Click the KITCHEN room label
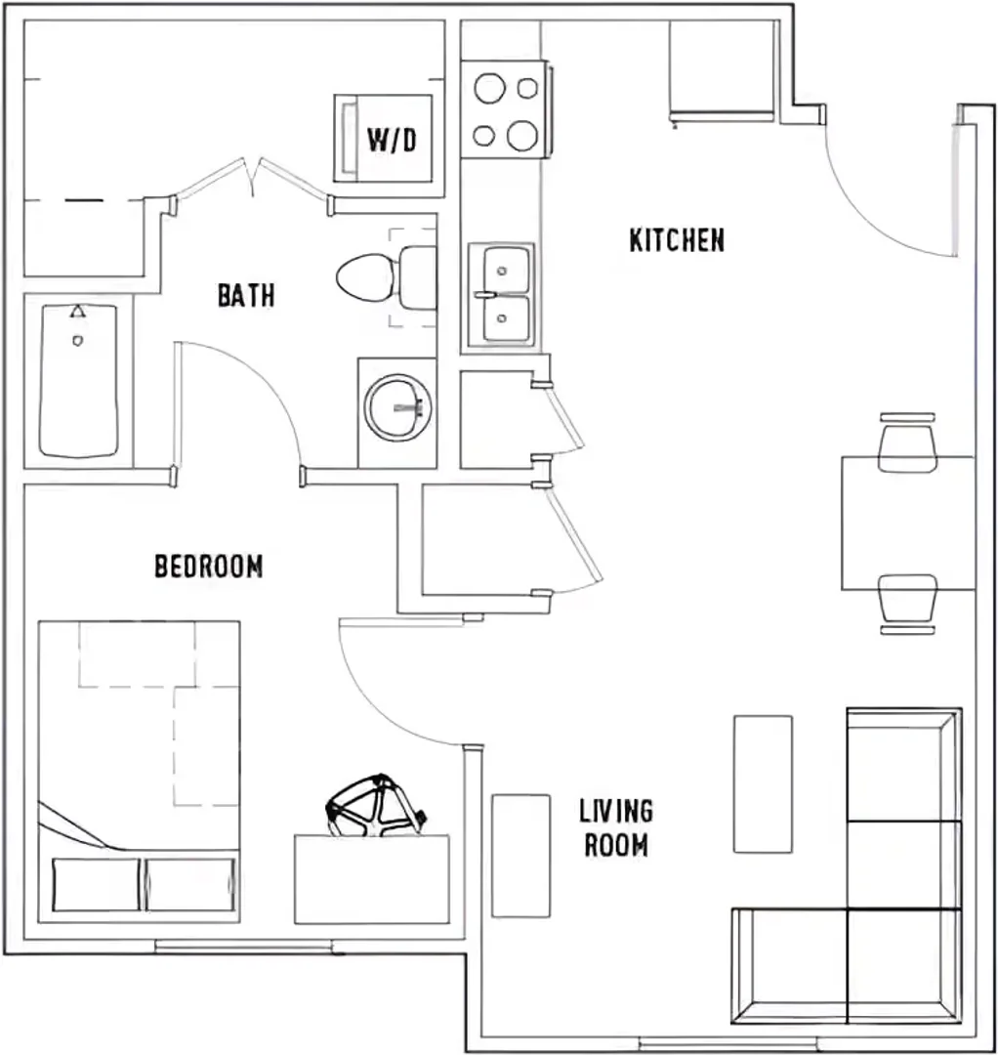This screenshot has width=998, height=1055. [x=678, y=240]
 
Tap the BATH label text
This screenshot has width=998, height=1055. [x=246, y=295]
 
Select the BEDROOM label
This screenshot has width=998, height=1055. [x=208, y=566]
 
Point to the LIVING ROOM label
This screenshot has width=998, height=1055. [x=616, y=827]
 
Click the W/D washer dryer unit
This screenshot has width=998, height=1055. [x=384, y=139]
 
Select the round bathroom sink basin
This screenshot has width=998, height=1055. [x=398, y=407]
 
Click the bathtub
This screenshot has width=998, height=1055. [x=78, y=381]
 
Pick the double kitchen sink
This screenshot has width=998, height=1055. [x=502, y=295]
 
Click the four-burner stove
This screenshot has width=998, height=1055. [x=505, y=109]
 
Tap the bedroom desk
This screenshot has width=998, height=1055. [x=372, y=879]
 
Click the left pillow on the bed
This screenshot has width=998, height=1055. [x=96, y=884]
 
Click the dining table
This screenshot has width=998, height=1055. [x=908, y=524]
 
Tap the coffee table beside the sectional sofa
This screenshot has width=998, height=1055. [x=763, y=784]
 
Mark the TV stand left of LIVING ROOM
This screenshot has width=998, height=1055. [x=521, y=856]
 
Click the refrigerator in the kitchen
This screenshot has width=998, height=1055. [x=722, y=70]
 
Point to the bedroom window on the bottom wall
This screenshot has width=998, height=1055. [x=245, y=946]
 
